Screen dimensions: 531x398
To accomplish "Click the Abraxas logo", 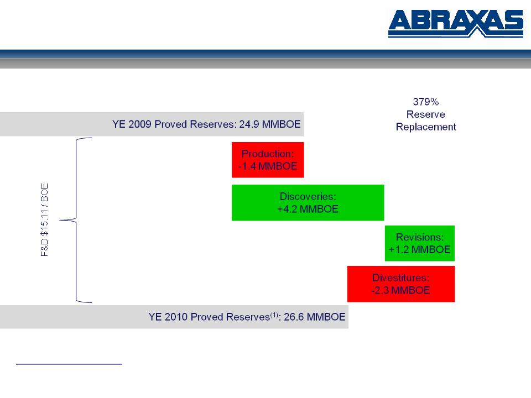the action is coord(456,23).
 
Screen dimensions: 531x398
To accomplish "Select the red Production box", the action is coord(268,160).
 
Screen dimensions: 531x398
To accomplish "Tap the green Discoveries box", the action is coord(308,203).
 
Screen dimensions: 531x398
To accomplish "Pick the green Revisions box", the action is coord(420,243).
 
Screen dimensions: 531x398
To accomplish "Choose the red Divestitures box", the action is coord(401,284).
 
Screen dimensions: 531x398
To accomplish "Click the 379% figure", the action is coord(426,102).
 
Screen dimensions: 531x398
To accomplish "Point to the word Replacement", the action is coord(426,127).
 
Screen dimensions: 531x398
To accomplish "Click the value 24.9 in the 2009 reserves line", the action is coord(249,124).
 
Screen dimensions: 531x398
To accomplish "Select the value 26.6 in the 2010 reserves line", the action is coord(294,317).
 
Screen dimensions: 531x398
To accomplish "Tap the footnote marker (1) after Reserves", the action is coord(274,315).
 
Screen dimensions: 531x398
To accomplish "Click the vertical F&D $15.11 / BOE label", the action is coord(44,220).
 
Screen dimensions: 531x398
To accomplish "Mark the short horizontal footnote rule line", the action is coord(69,364).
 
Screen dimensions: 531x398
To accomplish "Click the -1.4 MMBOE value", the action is coord(268,166).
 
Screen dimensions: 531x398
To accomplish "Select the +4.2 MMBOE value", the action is coord(308,209).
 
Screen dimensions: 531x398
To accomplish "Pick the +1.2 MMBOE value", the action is coord(420,250).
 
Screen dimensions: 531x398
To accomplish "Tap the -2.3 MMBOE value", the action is coord(401,290).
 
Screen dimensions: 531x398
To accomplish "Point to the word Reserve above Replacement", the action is coord(426,114).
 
